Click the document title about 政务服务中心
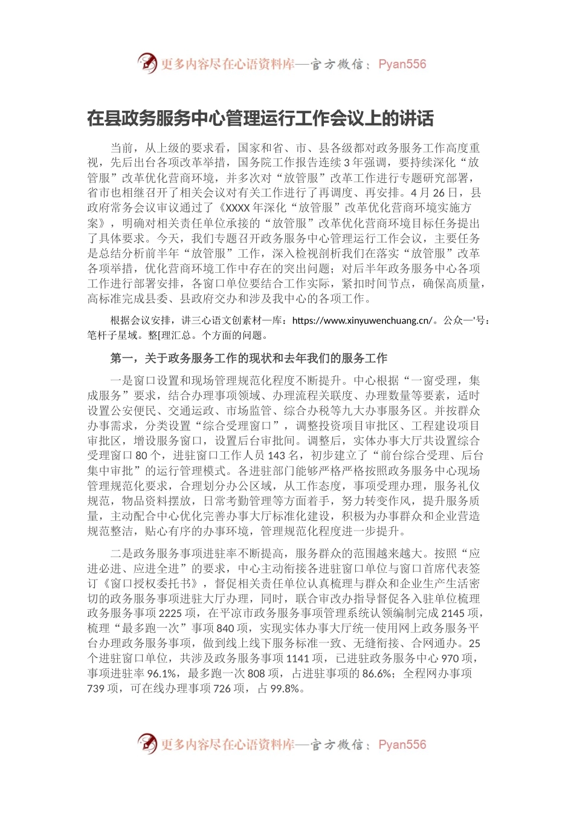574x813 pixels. (260, 118)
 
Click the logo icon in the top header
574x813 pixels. (147, 63)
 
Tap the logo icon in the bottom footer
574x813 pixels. (147, 743)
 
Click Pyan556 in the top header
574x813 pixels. (402, 64)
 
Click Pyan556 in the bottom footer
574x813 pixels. (402, 745)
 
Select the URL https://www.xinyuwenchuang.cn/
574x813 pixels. (362, 321)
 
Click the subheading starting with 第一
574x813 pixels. (249, 359)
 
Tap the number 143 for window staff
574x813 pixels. (276, 455)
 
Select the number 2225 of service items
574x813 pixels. (170, 613)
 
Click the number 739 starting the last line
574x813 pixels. (96, 688)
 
